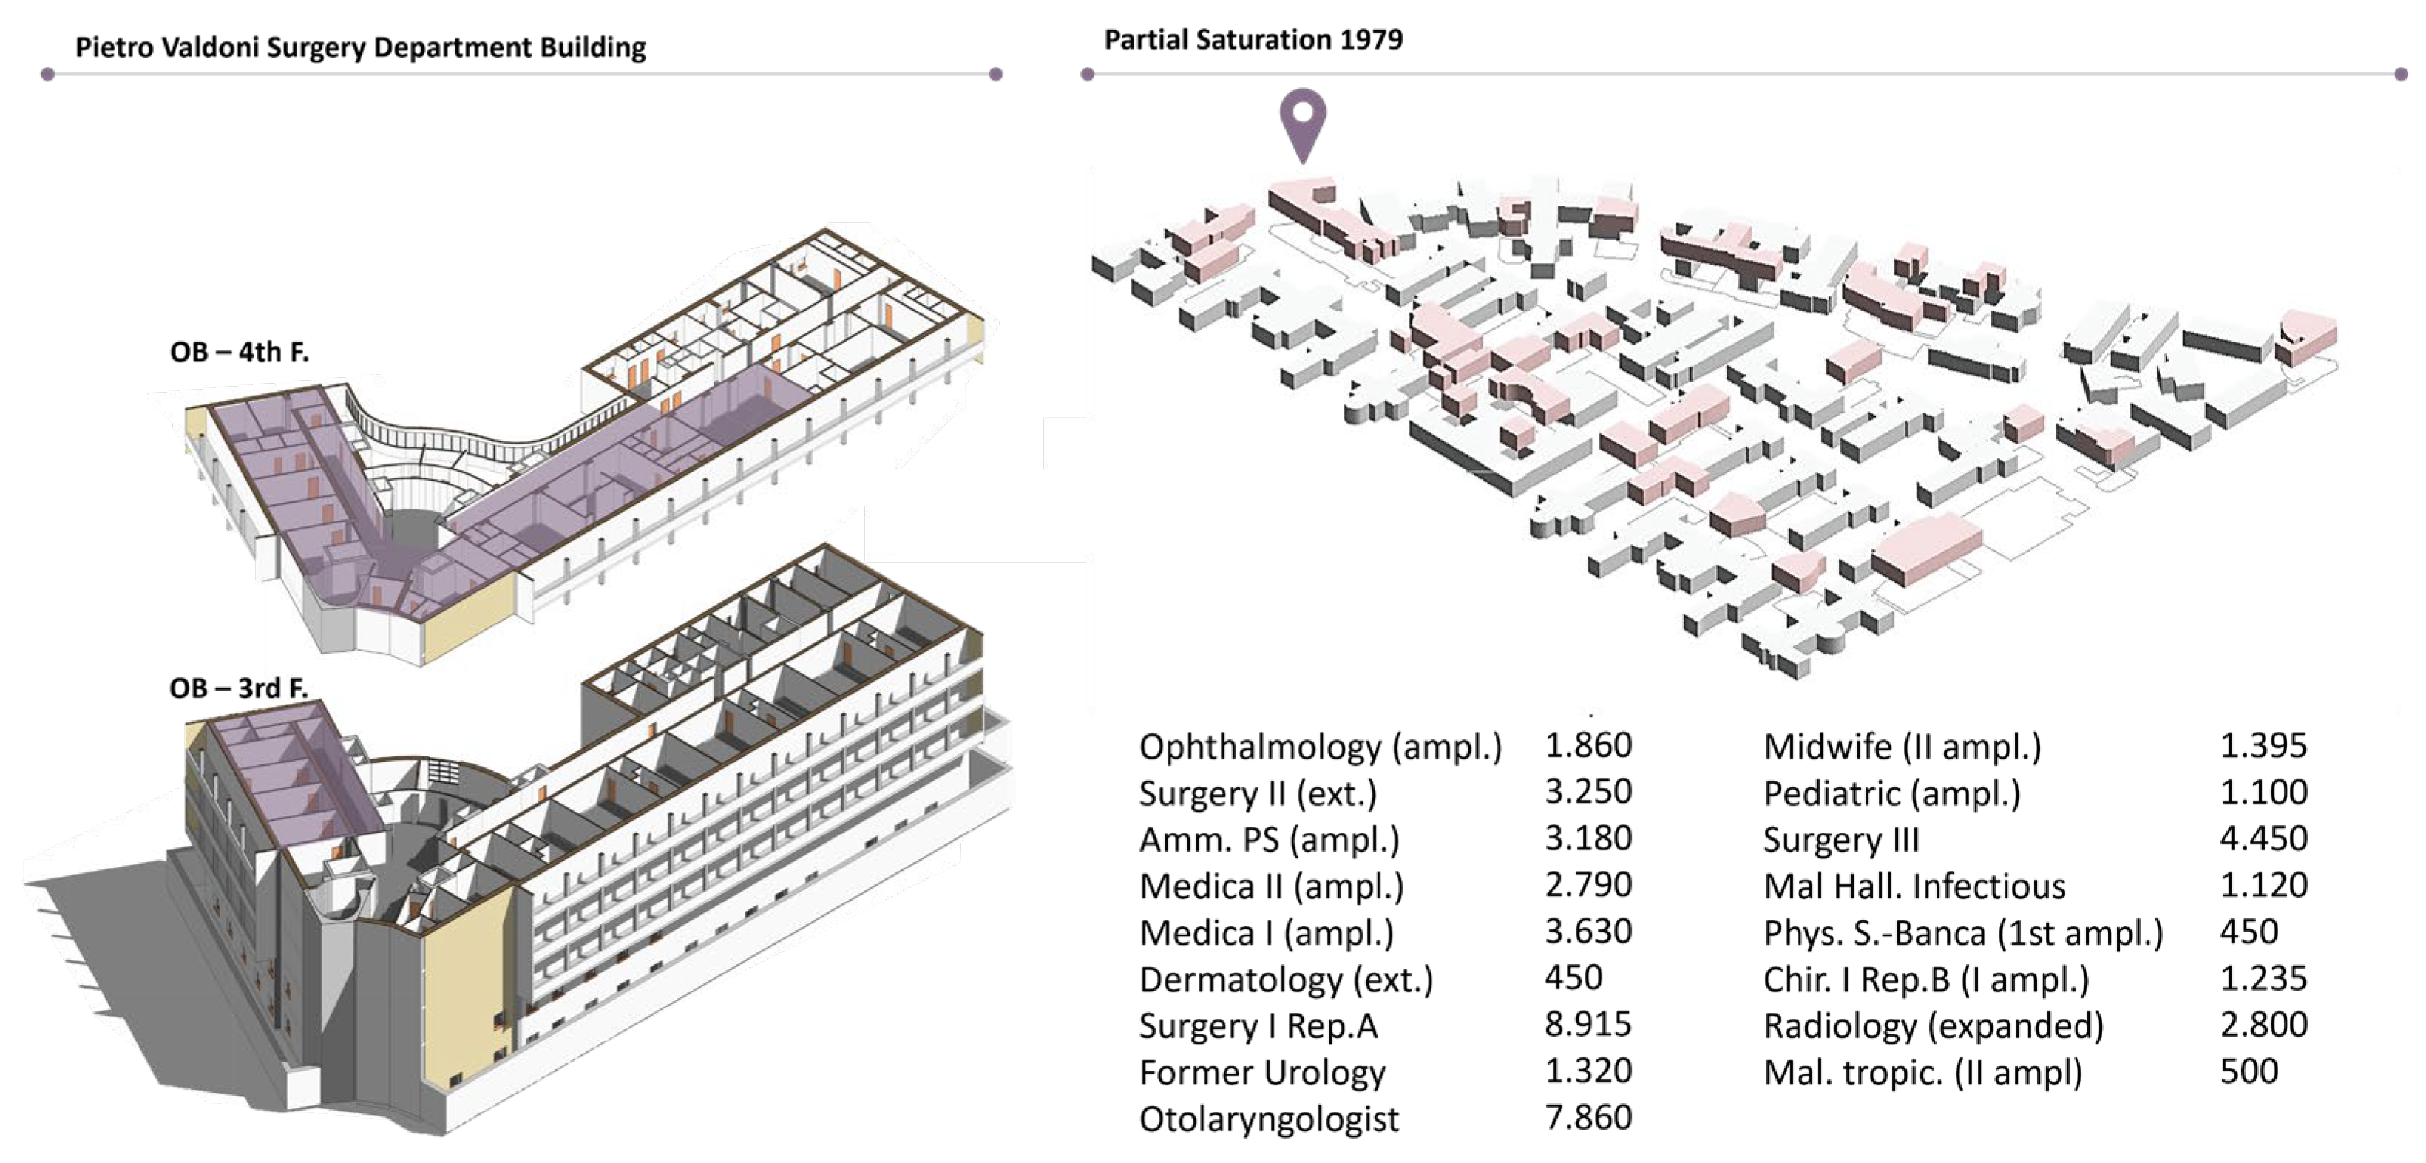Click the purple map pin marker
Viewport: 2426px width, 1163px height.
[1302, 121]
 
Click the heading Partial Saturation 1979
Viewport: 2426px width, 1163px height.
[1253, 39]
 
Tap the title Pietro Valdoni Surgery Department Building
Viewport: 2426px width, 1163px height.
[361, 47]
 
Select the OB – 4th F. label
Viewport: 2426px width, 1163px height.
[240, 352]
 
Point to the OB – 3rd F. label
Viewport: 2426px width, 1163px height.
[238, 688]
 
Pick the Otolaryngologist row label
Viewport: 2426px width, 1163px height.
[1269, 1119]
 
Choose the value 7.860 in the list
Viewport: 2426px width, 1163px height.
[1588, 1118]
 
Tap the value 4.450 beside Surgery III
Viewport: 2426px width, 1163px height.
[2263, 839]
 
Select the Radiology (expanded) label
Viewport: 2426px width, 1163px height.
[1933, 1025]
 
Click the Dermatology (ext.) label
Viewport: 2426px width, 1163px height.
[1286, 980]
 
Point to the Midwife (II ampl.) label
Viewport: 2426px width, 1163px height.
[1902, 747]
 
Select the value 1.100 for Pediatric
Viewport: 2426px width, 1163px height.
[2263, 793]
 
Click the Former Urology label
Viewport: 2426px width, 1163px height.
[1262, 1071]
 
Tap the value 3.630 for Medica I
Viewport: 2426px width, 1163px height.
[1588, 932]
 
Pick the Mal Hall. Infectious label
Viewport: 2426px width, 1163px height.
[1914, 886]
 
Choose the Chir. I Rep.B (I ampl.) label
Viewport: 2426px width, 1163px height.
[1926, 980]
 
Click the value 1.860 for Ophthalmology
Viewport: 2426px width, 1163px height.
[1588, 746]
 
